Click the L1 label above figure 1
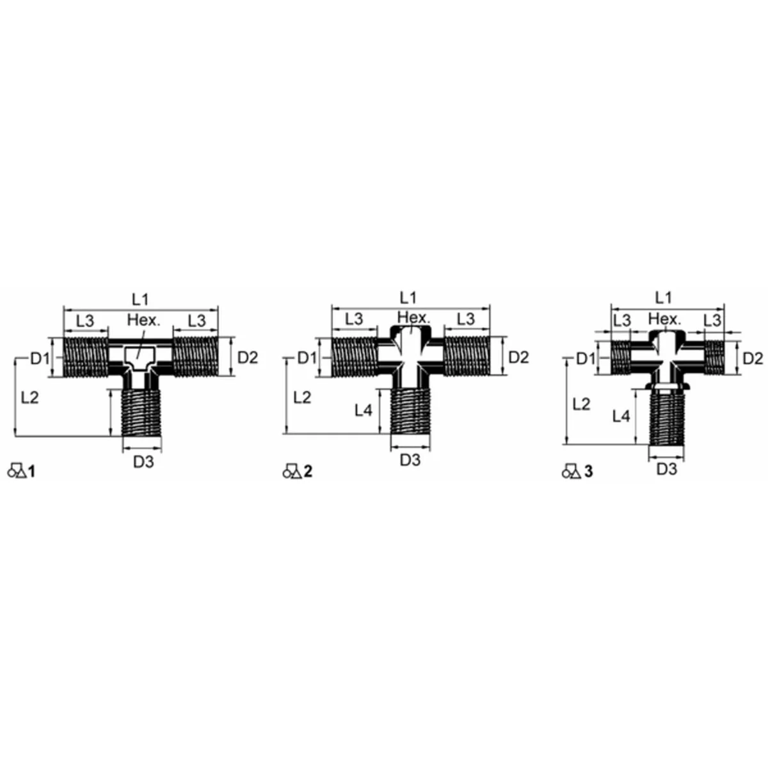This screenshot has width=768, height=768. [140, 299]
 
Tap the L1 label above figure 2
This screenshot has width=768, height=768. [408, 298]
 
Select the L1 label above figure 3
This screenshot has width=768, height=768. [664, 298]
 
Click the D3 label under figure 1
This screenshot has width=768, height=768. [143, 461]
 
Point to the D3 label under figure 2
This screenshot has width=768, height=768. [410, 460]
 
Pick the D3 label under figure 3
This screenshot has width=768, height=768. [667, 469]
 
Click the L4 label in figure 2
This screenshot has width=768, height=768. [364, 410]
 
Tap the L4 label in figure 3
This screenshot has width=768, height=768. [621, 417]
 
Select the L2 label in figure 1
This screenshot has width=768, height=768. [30, 397]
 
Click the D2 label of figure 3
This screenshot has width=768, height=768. [753, 358]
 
